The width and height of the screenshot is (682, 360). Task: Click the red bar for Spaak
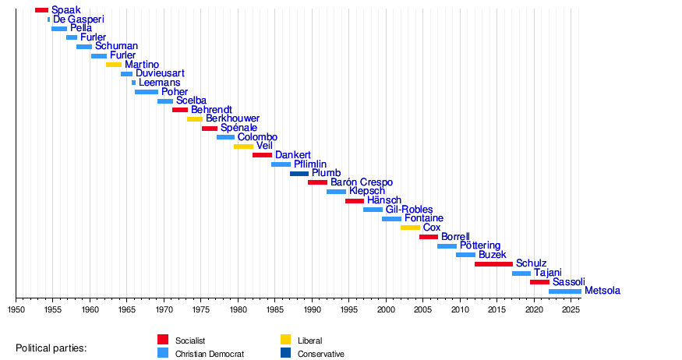pos(41,10)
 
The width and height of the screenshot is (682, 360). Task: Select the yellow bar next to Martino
pos(114,65)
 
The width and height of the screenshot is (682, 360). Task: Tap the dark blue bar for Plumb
pos(299,173)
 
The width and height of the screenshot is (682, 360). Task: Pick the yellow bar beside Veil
pos(243,146)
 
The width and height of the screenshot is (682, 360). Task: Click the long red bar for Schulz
pos(493,264)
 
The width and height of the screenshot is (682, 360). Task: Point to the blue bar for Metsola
pos(564,291)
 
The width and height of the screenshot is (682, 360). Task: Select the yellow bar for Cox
pos(410,228)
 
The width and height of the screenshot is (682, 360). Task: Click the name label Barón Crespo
pos(362,182)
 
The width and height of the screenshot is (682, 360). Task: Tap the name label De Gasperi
pos(79,19)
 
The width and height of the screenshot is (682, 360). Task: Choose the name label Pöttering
pos(480,246)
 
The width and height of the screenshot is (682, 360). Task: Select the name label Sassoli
pos(569,282)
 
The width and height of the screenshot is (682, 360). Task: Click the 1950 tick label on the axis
pos(16,309)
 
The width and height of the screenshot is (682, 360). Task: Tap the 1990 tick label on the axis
pos(312,309)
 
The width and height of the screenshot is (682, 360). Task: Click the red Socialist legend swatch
pos(163,340)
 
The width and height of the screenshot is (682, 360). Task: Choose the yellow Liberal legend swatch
pos(285,340)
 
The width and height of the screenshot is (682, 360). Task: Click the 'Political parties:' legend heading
pos(51,347)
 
